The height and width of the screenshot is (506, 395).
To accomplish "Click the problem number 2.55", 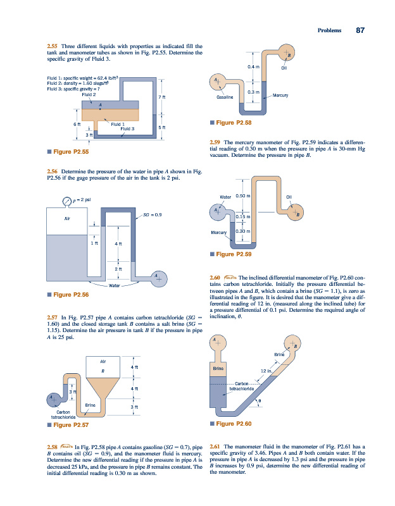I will pos(53,46).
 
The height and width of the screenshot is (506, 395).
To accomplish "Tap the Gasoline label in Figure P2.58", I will pos(225,98).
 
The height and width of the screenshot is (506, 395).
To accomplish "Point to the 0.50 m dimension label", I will pos(244,196).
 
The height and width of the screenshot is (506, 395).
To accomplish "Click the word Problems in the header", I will pos(329,30).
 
